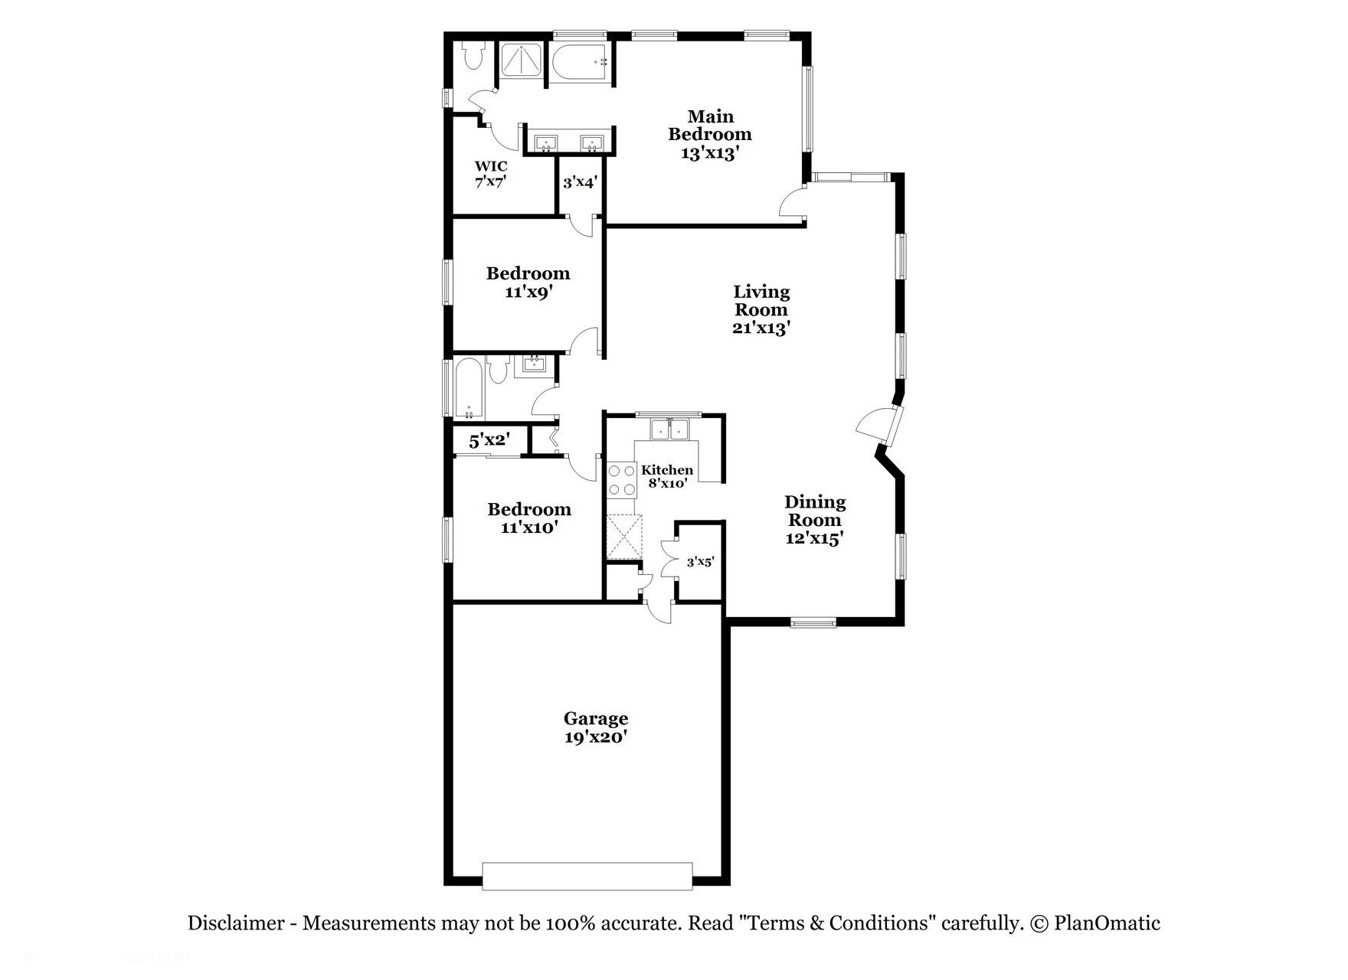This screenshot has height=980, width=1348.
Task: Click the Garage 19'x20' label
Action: point(596,727)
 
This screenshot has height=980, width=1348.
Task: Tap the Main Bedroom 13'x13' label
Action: point(710,135)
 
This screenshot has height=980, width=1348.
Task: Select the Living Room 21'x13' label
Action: point(761,309)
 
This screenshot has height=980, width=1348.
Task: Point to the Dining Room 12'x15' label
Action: point(815,520)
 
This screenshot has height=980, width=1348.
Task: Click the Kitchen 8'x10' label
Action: point(667,476)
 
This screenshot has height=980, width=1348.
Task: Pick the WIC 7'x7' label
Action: point(490,174)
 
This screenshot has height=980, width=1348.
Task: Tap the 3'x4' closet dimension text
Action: point(580,182)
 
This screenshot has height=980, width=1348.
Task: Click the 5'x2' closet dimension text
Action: point(489,441)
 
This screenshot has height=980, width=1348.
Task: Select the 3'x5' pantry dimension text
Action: point(700,562)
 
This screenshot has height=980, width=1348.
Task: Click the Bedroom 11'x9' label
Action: point(528,282)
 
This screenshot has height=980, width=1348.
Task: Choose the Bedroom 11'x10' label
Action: point(529,518)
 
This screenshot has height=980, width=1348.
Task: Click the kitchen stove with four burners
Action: point(621,480)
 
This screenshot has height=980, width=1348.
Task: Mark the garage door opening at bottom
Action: point(587,876)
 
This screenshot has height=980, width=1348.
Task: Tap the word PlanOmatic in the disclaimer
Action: point(1107,923)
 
